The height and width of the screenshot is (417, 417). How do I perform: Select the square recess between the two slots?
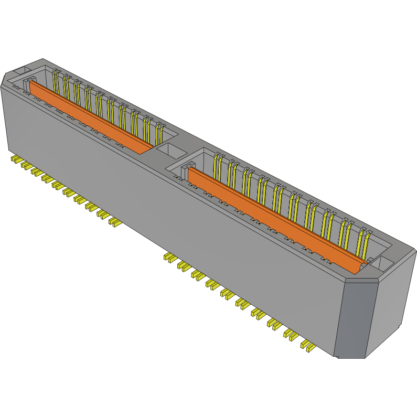(x=169, y=150)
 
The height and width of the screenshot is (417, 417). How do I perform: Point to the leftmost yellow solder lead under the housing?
(x=15, y=158)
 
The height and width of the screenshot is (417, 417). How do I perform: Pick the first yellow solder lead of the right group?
(x=169, y=257)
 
